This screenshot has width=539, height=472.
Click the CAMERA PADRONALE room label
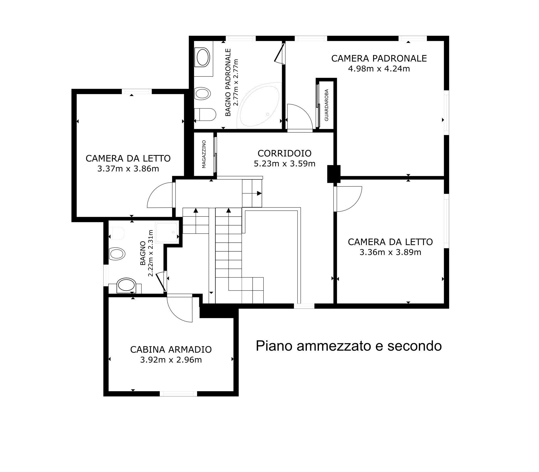pyautogui.click(x=379, y=58)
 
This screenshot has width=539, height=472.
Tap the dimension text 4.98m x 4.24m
pyautogui.click(x=379, y=69)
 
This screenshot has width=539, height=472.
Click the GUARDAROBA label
pyautogui.click(x=326, y=105)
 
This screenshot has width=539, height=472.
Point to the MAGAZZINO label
pyautogui.click(x=204, y=154)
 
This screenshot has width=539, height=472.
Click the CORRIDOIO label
pyautogui.click(x=285, y=153)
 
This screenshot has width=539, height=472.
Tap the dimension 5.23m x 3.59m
pyautogui.click(x=285, y=164)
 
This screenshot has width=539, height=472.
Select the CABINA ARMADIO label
pyautogui.click(x=171, y=350)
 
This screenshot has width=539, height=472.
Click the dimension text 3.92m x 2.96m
pyautogui.click(x=171, y=360)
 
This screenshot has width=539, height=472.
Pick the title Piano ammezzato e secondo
pyautogui.click(x=349, y=346)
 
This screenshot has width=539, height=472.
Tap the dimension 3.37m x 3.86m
pyautogui.click(x=128, y=169)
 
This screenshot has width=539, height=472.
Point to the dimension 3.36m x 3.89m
pyautogui.click(x=390, y=252)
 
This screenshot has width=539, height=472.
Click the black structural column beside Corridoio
pyautogui.click(x=334, y=174)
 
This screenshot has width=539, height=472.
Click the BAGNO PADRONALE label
pyautogui.click(x=228, y=82)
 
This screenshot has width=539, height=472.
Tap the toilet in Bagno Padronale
pyautogui.click(x=205, y=115)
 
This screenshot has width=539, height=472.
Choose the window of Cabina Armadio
pyautogui.click(x=179, y=394)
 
